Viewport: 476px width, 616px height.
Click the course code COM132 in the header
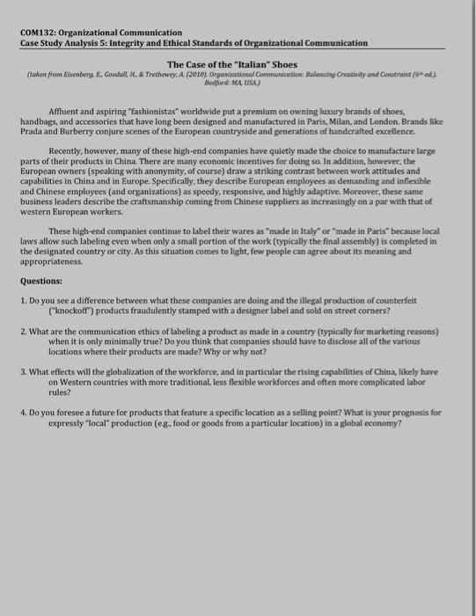tap(38, 32)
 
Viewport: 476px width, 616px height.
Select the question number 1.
tap(22, 303)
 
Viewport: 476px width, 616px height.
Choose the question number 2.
tap(22, 333)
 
